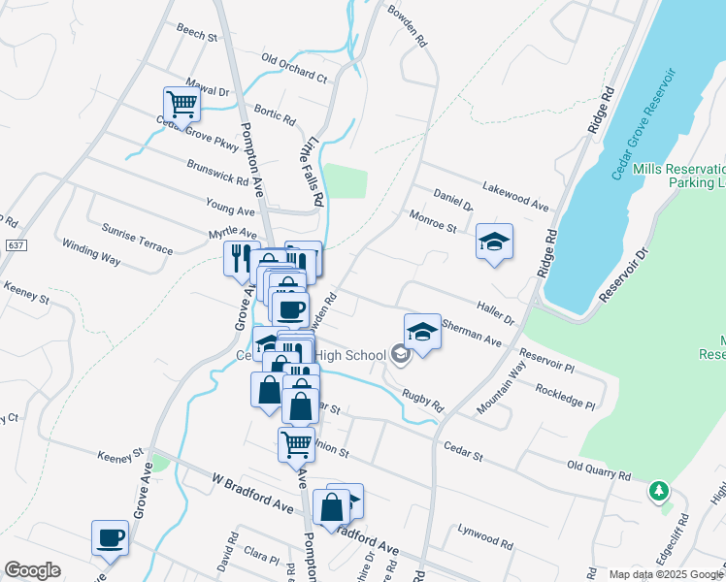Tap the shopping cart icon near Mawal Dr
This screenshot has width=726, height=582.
pos(181,104)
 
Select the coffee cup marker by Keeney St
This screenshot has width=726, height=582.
pos(110,537)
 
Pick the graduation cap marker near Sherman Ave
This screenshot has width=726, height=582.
pos(422,332)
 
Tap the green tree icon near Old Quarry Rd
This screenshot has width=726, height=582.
pos(659,491)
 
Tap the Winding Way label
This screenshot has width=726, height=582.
pos(90,253)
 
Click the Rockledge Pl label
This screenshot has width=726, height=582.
pos(564,395)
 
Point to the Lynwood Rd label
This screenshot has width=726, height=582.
pos(484,535)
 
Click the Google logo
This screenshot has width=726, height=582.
pos(32,570)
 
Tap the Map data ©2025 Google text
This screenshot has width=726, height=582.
pos(666,574)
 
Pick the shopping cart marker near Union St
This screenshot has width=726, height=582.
pos(296,445)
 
